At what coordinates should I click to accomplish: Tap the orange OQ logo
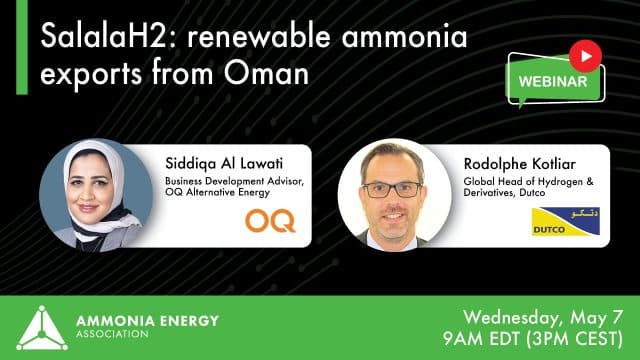pos(270,219)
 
